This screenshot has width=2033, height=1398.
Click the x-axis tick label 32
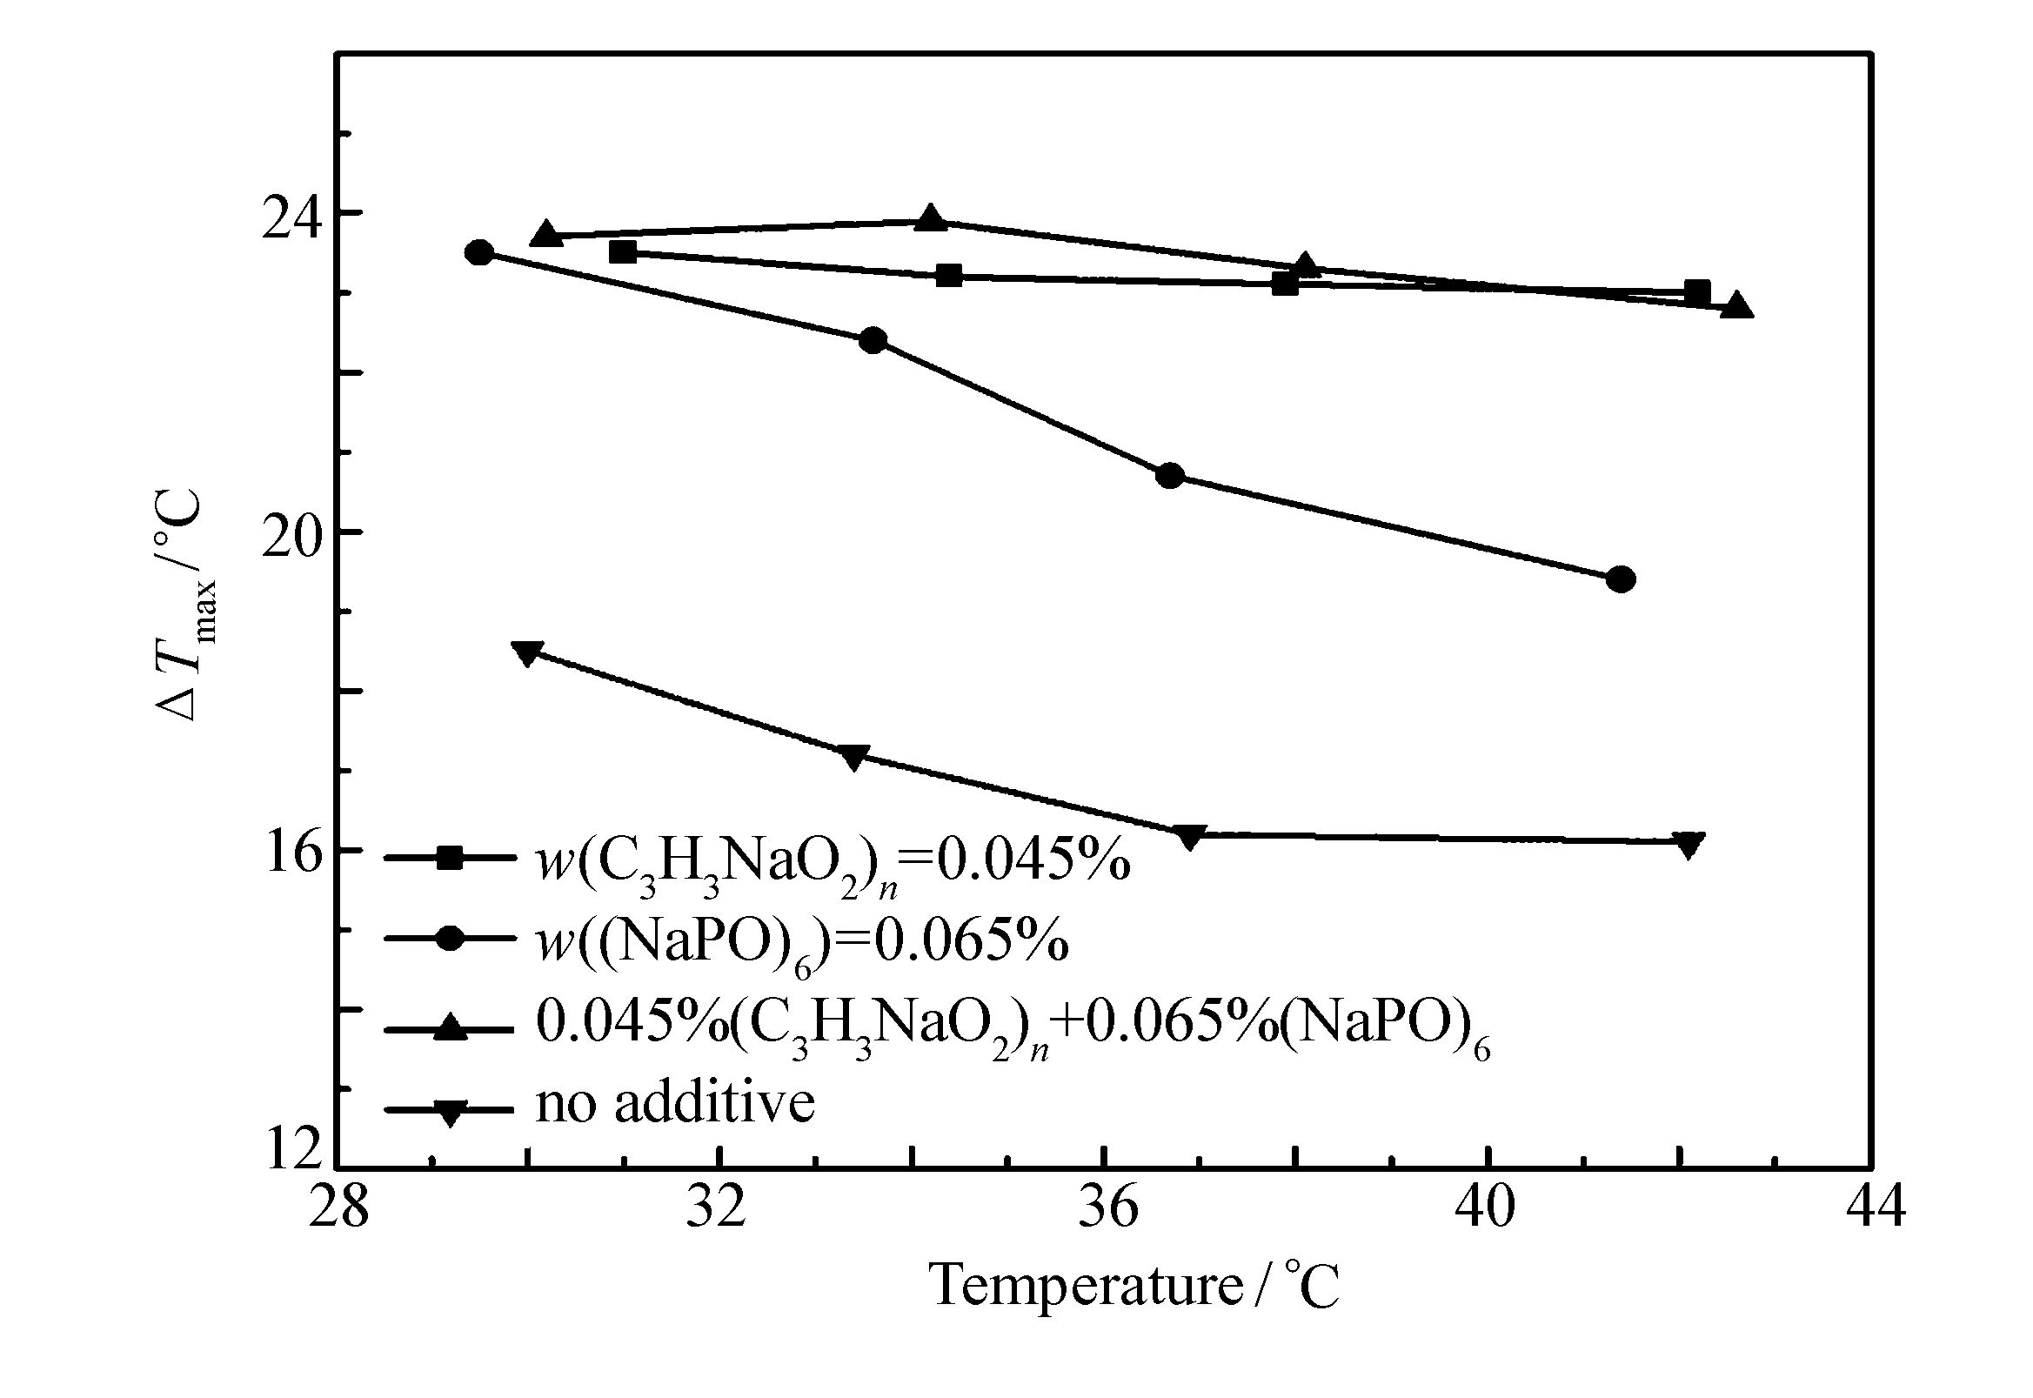click(717, 1208)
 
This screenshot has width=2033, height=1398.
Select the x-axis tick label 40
click(1487, 1208)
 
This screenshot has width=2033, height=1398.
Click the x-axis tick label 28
click(338, 1208)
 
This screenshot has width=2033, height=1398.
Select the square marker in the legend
click(449, 858)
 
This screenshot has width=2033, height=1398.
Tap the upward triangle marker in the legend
click(449, 1027)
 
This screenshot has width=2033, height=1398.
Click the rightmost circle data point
click(1621, 579)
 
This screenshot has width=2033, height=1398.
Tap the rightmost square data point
click(1696, 292)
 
